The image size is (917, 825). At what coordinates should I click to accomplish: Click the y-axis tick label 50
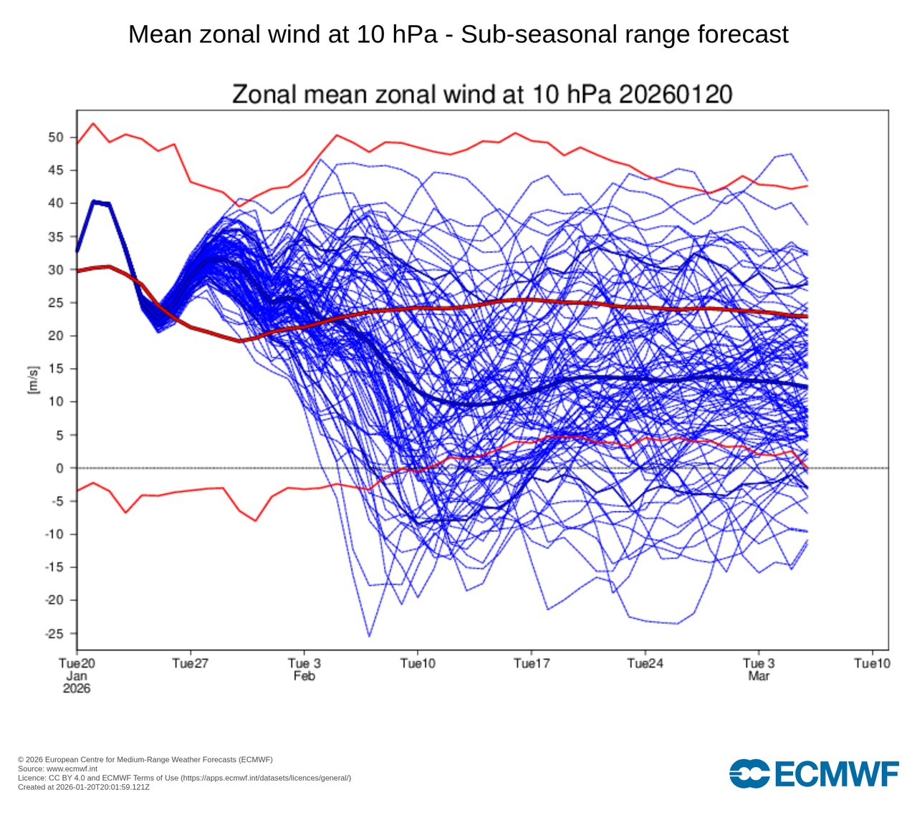57,137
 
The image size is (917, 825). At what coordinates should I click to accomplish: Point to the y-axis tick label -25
54,634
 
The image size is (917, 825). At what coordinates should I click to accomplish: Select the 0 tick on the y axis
61,468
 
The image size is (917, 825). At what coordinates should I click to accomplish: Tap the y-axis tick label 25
57,303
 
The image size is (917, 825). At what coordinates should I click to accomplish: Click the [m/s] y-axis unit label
32,380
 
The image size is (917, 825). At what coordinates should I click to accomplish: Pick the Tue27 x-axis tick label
191,664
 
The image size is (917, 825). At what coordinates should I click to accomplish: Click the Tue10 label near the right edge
872,664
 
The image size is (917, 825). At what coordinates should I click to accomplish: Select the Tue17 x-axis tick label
532,664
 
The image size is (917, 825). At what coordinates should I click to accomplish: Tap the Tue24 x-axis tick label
645,664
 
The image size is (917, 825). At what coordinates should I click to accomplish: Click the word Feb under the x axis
304,676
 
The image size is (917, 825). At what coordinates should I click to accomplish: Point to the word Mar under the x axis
759,676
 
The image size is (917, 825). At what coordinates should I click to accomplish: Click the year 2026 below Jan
77,688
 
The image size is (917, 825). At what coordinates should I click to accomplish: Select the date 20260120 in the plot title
676,95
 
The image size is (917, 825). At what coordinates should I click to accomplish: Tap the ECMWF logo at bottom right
814,773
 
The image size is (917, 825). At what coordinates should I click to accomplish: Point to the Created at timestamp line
84,787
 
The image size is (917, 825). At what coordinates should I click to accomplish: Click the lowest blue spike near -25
369,636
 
